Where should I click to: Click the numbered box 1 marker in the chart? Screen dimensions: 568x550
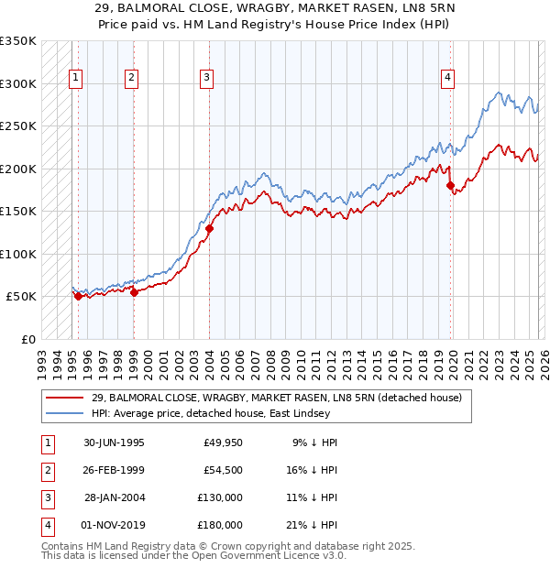(x=75, y=79)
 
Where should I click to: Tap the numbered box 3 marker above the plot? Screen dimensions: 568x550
(x=207, y=79)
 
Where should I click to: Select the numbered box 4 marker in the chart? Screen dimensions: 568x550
(x=447, y=79)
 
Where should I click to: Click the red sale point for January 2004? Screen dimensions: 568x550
(x=210, y=229)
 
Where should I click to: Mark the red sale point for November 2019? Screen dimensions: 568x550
(x=450, y=186)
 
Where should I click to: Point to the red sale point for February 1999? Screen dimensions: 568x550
(x=134, y=293)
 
